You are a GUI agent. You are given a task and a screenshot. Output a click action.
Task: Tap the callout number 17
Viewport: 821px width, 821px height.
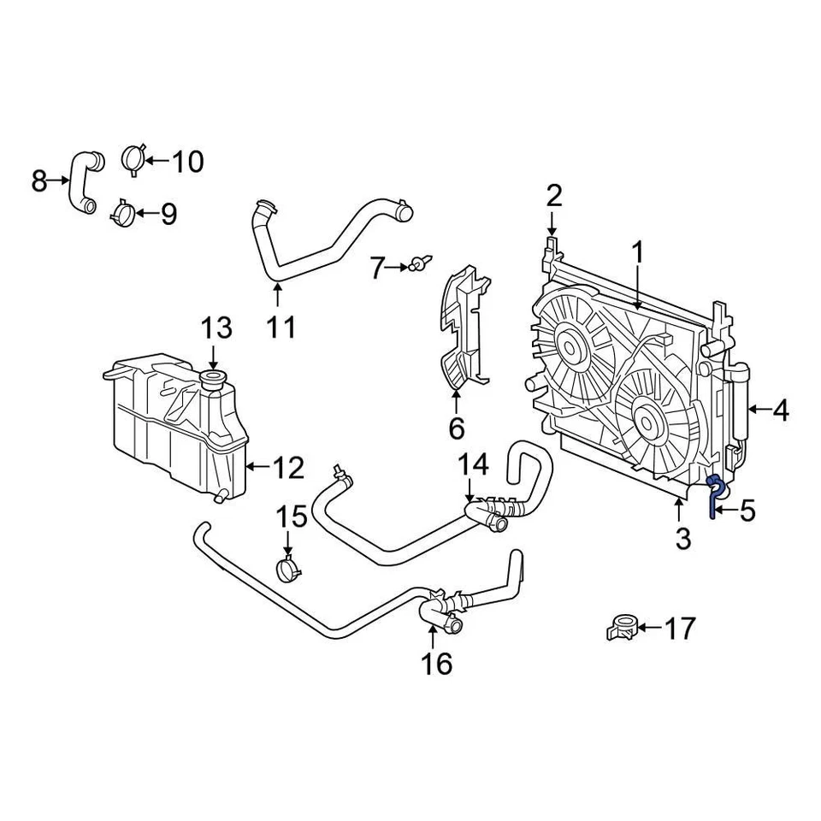681,629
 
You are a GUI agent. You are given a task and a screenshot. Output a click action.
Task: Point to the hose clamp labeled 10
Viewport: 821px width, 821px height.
133,159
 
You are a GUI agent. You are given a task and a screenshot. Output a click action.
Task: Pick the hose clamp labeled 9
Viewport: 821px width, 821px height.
122,211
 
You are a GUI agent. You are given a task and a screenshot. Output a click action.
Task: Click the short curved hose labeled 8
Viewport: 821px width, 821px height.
82,180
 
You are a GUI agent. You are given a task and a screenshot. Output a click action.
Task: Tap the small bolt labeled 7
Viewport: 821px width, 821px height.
420,264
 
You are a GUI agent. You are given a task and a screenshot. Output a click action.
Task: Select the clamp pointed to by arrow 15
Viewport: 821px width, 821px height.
288,567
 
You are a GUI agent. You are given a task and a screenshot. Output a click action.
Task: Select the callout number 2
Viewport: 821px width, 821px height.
554,196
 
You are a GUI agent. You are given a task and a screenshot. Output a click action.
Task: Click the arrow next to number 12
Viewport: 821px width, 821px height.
255,467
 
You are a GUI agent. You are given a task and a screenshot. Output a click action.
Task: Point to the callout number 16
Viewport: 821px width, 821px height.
436,663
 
